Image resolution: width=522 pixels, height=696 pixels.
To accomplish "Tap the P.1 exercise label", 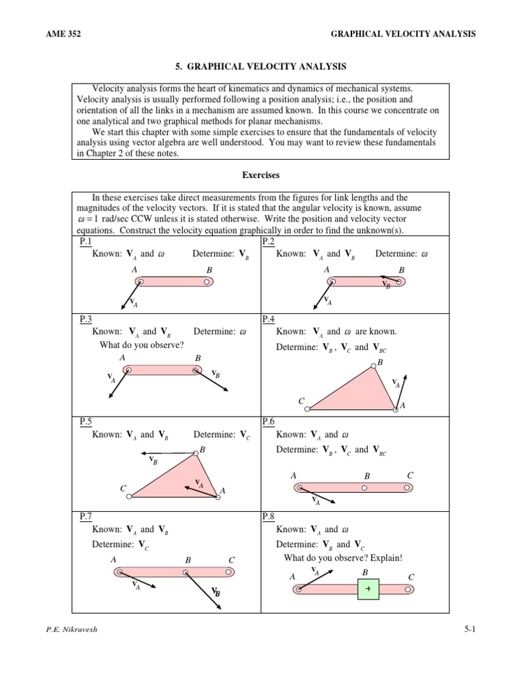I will (86, 242).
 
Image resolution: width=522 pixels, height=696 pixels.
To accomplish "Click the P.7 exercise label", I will (86, 517).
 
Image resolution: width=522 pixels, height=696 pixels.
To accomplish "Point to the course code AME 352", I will (61, 34).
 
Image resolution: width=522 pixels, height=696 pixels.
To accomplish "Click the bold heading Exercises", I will (261, 175).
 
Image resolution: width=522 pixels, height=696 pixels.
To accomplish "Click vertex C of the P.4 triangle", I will (308, 409).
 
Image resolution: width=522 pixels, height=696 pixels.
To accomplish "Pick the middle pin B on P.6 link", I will (365, 487).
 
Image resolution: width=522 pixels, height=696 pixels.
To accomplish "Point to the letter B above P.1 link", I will (209, 270).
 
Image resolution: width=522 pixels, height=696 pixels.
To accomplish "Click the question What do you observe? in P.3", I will (141, 345).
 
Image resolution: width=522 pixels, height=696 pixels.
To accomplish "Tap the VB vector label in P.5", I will (153, 461).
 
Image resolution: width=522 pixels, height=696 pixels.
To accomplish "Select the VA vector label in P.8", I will (315, 571).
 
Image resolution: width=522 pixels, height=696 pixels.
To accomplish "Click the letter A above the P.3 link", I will (122, 358).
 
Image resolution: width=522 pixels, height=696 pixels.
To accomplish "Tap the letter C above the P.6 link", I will (410, 474).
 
